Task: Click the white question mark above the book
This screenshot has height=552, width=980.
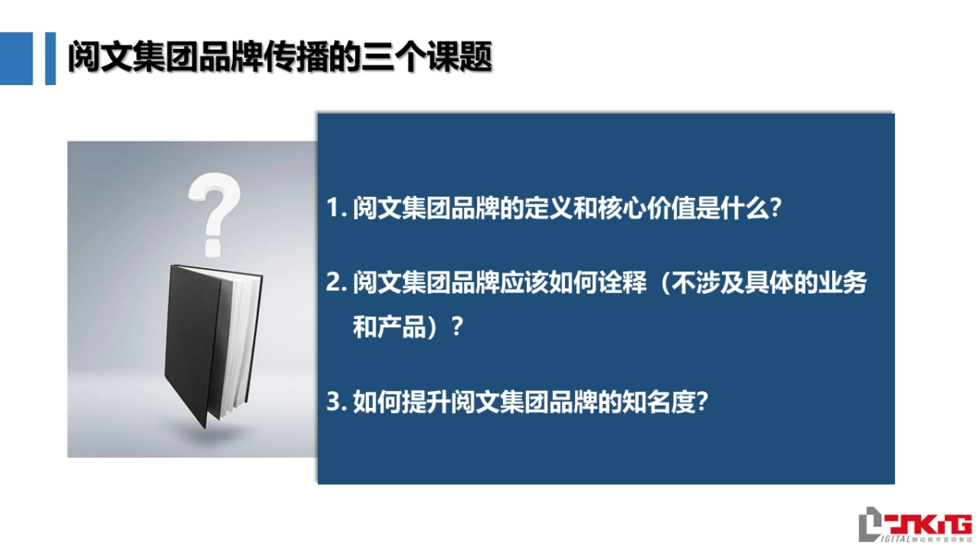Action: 213,209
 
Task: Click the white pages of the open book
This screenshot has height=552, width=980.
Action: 243,343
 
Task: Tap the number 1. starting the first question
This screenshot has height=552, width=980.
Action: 336,207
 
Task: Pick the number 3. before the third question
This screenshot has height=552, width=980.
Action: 336,402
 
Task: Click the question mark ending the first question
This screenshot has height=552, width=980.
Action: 777,207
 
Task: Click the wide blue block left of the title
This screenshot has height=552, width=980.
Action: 16,58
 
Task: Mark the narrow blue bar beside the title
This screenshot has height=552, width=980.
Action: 50,58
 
